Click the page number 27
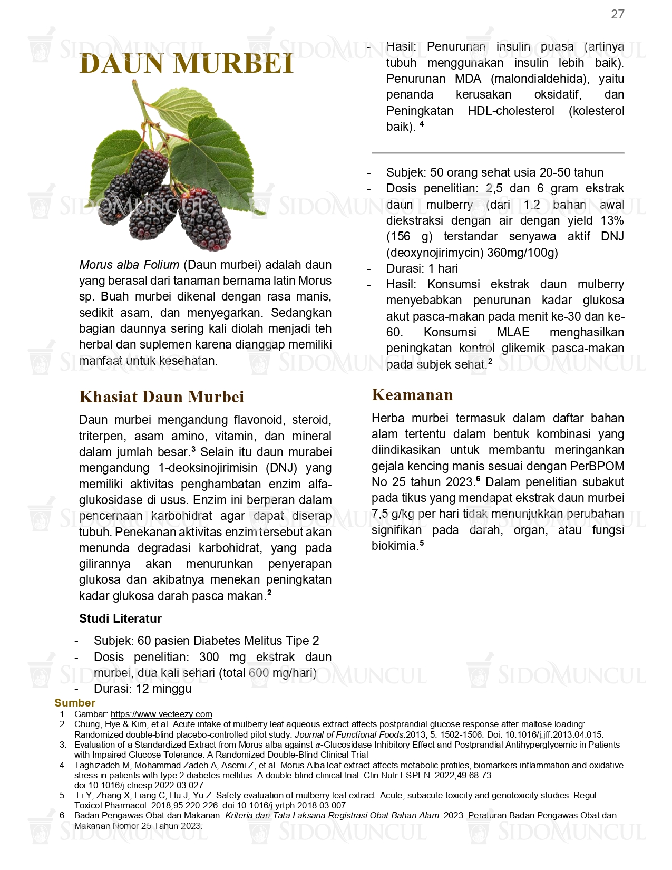pos(617,14)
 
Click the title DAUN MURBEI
pos(186,64)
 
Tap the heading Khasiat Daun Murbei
pos(161,397)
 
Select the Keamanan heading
pos(412,394)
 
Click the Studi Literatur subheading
pos(120,618)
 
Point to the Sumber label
pos(75,703)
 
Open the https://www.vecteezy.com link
pos(161,714)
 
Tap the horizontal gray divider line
pos(498,153)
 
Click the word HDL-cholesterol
pos(511,111)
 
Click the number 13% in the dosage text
pos(612,220)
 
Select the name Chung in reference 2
pos(86,724)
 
